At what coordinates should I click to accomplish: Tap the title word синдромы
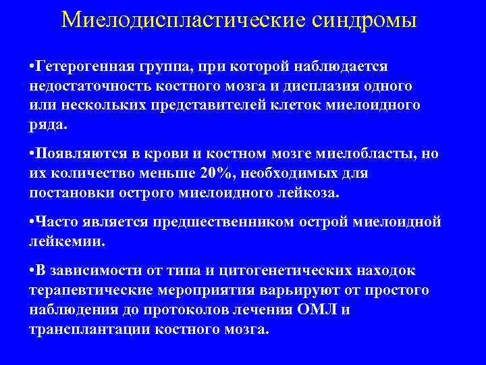[x=368, y=20]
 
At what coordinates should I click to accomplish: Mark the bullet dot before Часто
[x=32, y=222]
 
